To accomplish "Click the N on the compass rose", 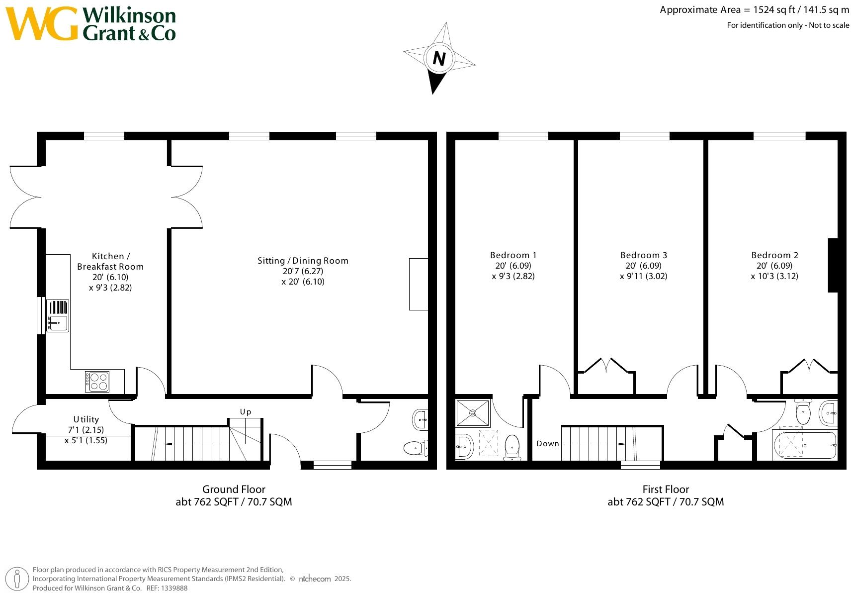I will (438, 58).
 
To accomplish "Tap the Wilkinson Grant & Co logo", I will (91, 23).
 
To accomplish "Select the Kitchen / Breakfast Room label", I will (110, 271).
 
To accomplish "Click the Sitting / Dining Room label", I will (303, 271).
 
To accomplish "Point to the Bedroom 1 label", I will (513, 265).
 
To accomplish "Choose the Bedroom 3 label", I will (643, 265).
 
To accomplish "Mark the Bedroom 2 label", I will (774, 265).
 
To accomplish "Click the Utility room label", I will (86, 429).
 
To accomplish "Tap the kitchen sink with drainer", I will (58, 315).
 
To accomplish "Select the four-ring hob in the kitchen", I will (97, 382).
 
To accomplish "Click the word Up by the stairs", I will (246, 411).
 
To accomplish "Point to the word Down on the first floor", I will (547, 443).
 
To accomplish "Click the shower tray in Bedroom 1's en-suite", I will (473, 412).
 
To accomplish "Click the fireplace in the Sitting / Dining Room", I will (419, 284).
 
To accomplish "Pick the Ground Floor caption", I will (234, 489).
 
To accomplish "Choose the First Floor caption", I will (666, 489).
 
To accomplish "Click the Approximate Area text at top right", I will (754, 9).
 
